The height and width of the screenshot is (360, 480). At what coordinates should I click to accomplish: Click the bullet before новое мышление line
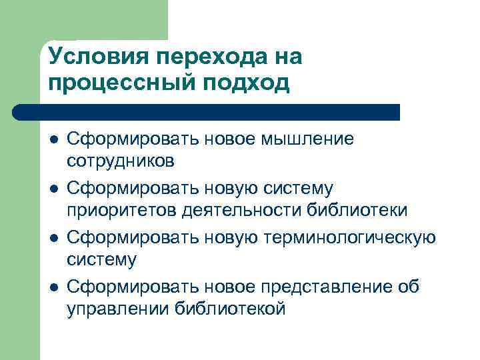[53, 140]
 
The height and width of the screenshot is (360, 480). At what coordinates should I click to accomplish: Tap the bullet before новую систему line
[53, 190]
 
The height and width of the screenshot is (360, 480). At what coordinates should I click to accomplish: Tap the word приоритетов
[121, 210]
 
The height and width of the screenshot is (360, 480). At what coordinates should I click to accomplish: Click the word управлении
[118, 309]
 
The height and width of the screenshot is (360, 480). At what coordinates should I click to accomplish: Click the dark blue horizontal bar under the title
[207, 112]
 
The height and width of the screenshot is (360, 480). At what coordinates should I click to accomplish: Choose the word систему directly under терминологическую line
[101, 259]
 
